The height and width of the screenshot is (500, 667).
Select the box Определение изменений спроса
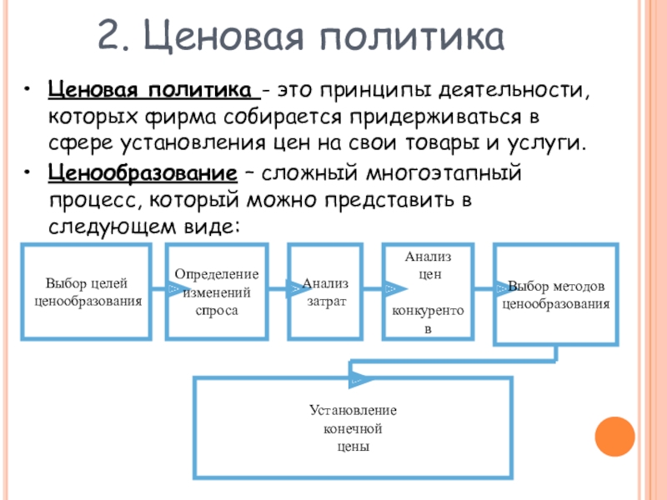pos(216,292)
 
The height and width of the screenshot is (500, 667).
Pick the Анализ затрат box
pos(325,291)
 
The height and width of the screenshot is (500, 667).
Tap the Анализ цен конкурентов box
pos(428,292)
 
